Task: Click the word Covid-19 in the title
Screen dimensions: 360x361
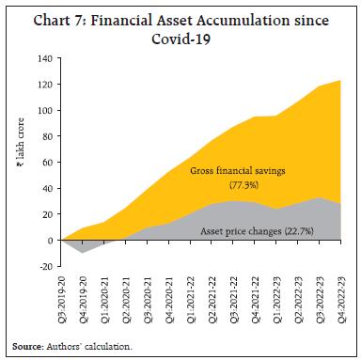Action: [180, 38]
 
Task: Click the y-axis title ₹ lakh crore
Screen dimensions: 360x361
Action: [20, 162]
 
